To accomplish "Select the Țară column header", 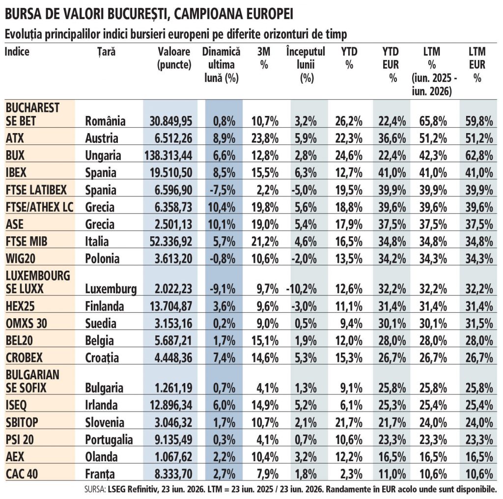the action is click(x=107, y=52).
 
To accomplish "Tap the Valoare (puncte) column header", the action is click(x=174, y=58).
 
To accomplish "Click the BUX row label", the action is click(x=15, y=155).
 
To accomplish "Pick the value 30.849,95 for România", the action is click(x=171, y=121).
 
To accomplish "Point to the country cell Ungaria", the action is click(x=103, y=156).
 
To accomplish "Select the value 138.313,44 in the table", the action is click(x=168, y=156).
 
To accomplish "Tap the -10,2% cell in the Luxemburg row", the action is click(x=302, y=289).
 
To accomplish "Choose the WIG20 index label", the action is click(x=21, y=258).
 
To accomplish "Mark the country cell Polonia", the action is click(x=102, y=259).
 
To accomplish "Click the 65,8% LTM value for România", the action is click(x=433, y=121).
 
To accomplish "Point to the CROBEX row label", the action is click(x=24, y=358).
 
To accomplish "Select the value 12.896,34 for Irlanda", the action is click(x=171, y=405).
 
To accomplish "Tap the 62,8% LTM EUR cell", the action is click(x=479, y=156).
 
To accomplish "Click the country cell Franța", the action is click(x=100, y=474).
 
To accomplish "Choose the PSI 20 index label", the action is click(x=20, y=440).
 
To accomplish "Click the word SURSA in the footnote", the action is click(x=94, y=489).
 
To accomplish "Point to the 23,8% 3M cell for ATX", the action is click(x=265, y=139).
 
